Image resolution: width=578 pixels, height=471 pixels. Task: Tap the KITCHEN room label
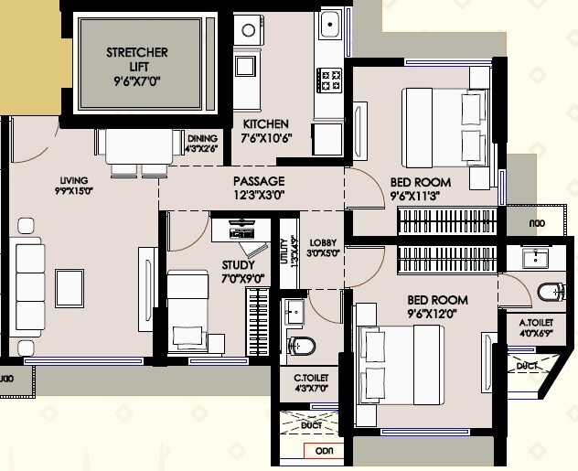[265, 124]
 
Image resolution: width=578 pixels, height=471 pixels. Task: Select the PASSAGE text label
[259, 181]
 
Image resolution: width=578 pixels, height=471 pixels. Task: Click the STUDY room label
[239, 265]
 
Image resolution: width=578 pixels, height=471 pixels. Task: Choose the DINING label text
[202, 138]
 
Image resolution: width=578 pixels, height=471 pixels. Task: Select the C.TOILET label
[311, 377]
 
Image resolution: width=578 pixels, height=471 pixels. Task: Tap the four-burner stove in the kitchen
[328, 77]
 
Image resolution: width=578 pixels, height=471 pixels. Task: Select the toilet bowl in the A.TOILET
[550, 293]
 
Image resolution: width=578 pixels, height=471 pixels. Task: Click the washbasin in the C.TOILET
[294, 311]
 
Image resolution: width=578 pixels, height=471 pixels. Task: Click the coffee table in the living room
[69, 287]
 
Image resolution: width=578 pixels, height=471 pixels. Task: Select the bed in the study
[188, 308]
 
